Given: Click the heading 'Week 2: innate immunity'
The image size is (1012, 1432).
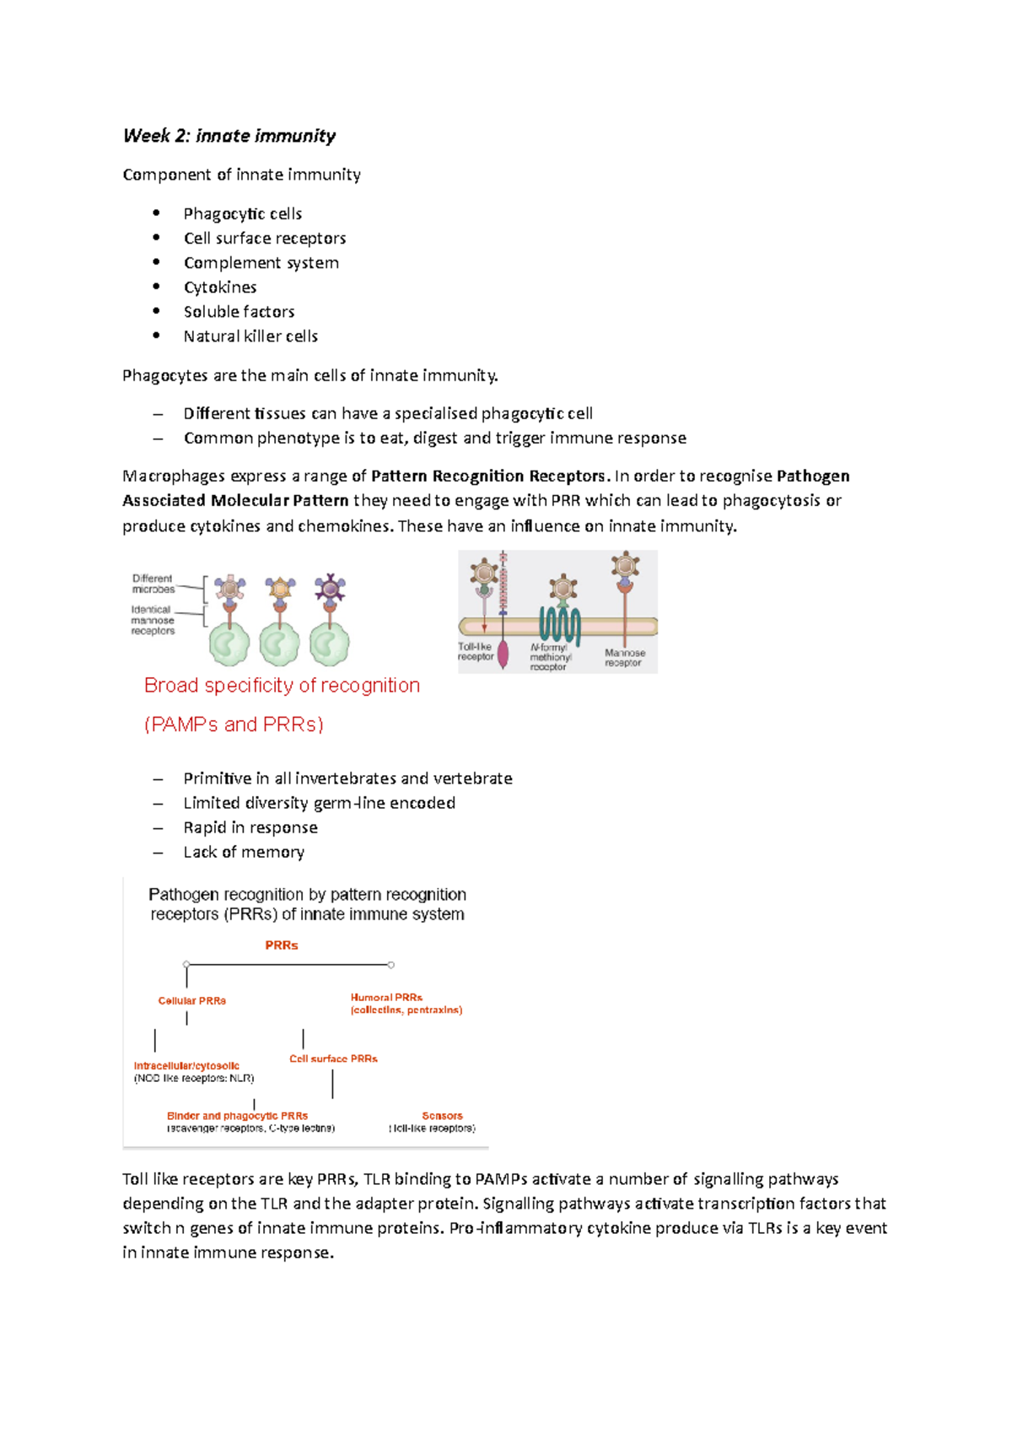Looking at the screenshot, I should click(x=229, y=136).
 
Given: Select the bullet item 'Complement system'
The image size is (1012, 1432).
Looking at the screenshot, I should click(x=261, y=263).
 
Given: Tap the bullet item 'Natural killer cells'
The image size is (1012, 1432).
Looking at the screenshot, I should click(x=250, y=336).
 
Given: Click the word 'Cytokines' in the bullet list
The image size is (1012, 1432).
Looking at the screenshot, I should click(x=220, y=288).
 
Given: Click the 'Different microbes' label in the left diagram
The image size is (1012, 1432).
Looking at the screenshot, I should click(x=153, y=584).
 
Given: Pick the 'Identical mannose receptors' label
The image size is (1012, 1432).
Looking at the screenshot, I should click(x=153, y=620).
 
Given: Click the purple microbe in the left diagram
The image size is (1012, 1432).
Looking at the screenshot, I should click(x=330, y=587).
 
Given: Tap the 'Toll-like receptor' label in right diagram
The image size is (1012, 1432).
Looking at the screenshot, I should click(x=476, y=652).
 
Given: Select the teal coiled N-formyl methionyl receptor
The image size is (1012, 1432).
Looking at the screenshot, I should click(x=560, y=625).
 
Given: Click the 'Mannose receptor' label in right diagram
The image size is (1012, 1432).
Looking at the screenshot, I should click(x=625, y=658).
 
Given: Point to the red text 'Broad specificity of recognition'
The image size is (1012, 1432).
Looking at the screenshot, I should click(x=282, y=686).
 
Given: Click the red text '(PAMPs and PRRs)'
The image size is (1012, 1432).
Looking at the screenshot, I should click(x=234, y=724).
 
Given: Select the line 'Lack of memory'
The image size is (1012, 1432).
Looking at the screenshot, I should click(x=244, y=853).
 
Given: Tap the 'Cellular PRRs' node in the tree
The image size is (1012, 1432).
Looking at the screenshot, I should click(x=192, y=1001).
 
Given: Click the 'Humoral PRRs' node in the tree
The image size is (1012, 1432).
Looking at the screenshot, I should click(x=386, y=998).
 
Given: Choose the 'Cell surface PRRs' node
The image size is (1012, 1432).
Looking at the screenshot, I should click(x=333, y=1059).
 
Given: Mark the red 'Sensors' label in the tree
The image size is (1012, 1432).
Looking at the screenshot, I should click(x=442, y=1116).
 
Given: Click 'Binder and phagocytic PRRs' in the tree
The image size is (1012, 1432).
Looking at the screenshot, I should click(x=237, y=1116).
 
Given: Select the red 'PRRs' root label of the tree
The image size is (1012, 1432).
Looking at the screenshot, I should click(x=282, y=945).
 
